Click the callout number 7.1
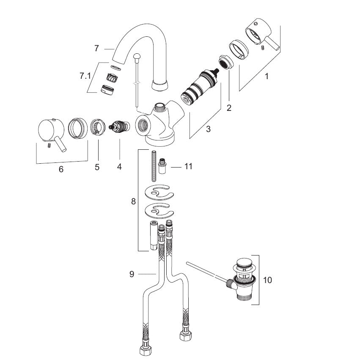(x=85, y=76)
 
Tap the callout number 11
(x=188, y=166)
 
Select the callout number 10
(x=267, y=280)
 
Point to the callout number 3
(x=208, y=129)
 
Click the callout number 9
(x=132, y=274)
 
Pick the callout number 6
(x=61, y=169)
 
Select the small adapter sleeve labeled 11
(x=162, y=166)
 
